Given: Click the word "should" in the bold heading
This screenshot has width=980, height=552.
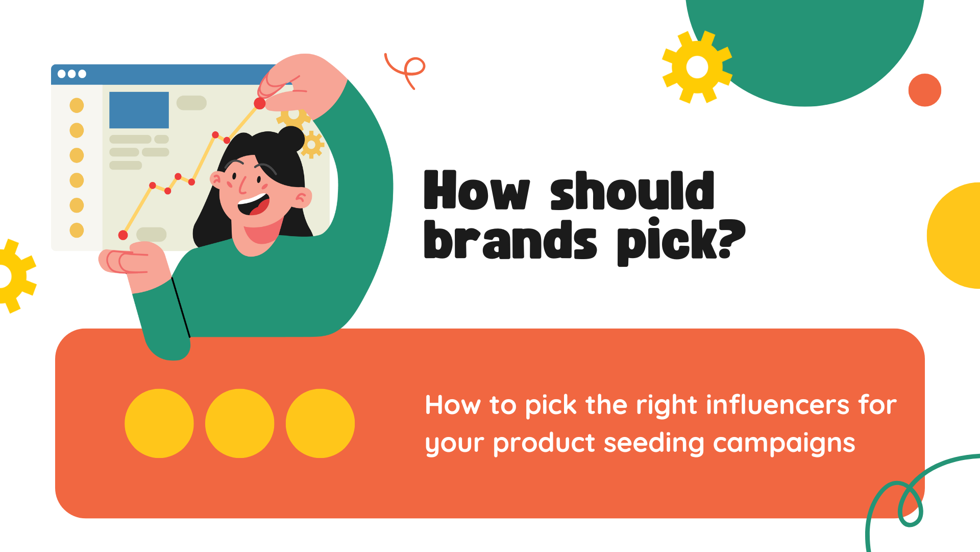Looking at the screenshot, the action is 632,191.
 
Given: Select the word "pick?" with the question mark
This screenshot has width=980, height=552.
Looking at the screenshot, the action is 681,242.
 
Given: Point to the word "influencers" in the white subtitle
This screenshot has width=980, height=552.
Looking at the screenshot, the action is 778,405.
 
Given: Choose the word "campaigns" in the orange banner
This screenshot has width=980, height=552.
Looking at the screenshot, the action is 784,444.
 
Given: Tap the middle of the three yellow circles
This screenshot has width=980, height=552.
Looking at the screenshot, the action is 240,423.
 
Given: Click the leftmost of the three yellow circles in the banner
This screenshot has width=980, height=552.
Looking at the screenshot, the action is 159,423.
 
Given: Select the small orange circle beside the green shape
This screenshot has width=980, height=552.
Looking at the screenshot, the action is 925,90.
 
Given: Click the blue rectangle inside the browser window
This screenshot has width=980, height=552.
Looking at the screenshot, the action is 139,110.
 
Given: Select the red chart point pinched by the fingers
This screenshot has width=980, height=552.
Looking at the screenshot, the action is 260,104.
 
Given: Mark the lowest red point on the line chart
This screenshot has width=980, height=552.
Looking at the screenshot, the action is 123,235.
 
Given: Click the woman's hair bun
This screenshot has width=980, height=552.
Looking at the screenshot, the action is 291,138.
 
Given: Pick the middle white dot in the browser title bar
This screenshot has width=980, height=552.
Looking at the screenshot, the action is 72,74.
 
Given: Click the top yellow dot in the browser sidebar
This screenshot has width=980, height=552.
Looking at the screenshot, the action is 77,105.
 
